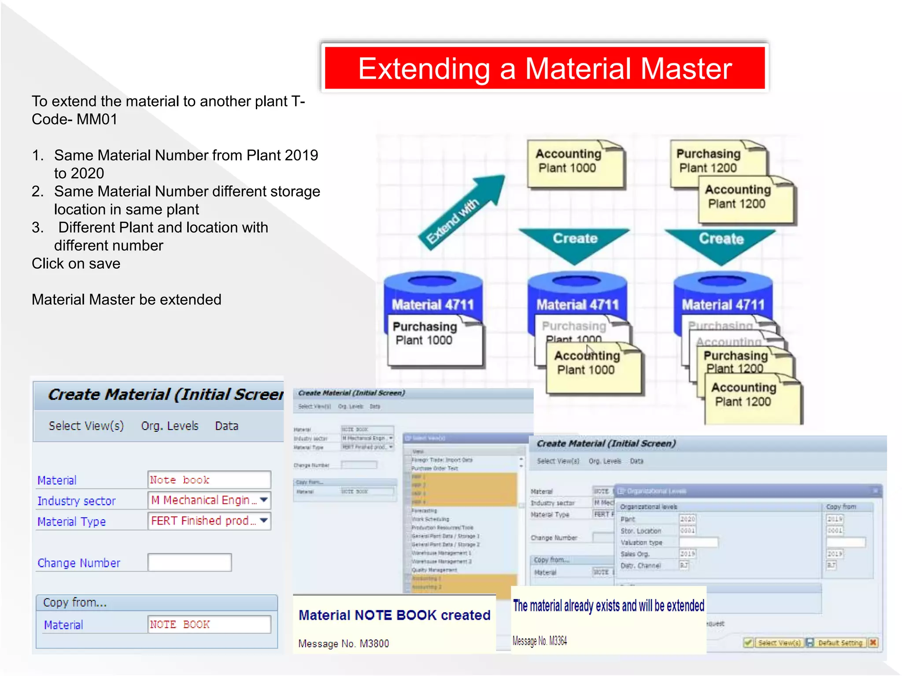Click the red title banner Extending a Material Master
pos(544,68)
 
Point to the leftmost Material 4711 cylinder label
pos(433,305)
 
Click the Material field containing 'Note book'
pos(209,480)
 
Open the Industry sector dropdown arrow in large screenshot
pos(263,500)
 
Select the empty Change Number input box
pos(189,562)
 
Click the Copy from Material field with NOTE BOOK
pos(209,624)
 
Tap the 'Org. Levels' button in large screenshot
pos(170,426)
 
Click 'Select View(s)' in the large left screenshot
pos(86,426)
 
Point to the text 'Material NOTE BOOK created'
pos(394,615)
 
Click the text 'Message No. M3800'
pos(344,643)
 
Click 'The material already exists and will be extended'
pos(608,606)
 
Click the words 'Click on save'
pos(76,263)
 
